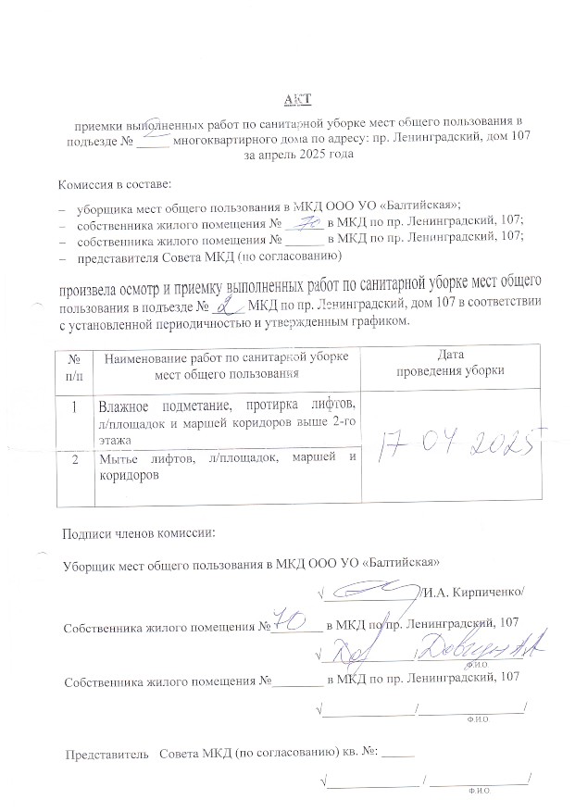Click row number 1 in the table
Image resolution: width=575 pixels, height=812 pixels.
coord(73,406)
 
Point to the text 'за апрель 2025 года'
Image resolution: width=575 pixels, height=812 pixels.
coord(297,156)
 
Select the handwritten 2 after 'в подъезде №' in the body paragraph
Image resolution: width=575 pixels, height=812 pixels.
coord(219,305)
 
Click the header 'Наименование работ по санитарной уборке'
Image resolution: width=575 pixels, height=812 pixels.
coord(228,357)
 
